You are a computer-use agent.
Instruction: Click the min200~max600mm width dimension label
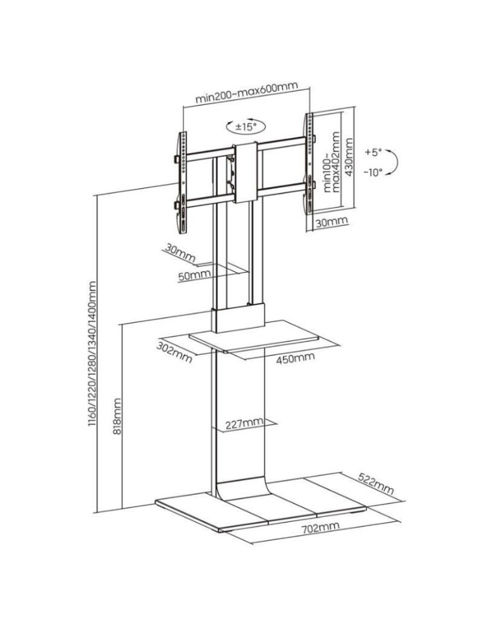tap(246, 92)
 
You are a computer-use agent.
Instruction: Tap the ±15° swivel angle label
tap(246, 127)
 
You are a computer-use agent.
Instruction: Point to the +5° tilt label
tap(372, 152)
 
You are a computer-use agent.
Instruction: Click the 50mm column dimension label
tap(194, 275)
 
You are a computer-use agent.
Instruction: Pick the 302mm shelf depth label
tap(174, 351)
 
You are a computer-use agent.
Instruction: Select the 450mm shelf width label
tap(295, 358)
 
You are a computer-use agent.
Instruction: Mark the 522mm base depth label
tap(376, 482)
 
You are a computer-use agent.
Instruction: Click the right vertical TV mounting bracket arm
tap(308, 170)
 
